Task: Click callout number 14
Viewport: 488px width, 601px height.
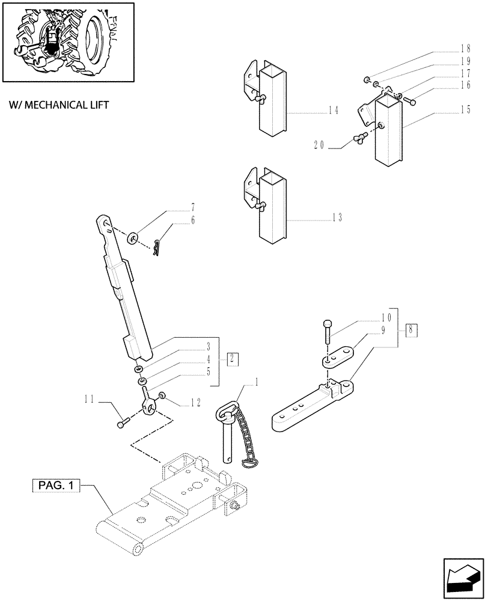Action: pyautogui.click(x=334, y=111)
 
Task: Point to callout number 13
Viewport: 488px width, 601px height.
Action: pyautogui.click(x=337, y=218)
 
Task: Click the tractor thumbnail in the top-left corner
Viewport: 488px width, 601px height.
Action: pyautogui.click(x=67, y=41)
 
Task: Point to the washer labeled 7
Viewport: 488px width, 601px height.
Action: pyautogui.click(x=133, y=239)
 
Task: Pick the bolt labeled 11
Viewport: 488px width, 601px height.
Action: pyautogui.click(x=122, y=424)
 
